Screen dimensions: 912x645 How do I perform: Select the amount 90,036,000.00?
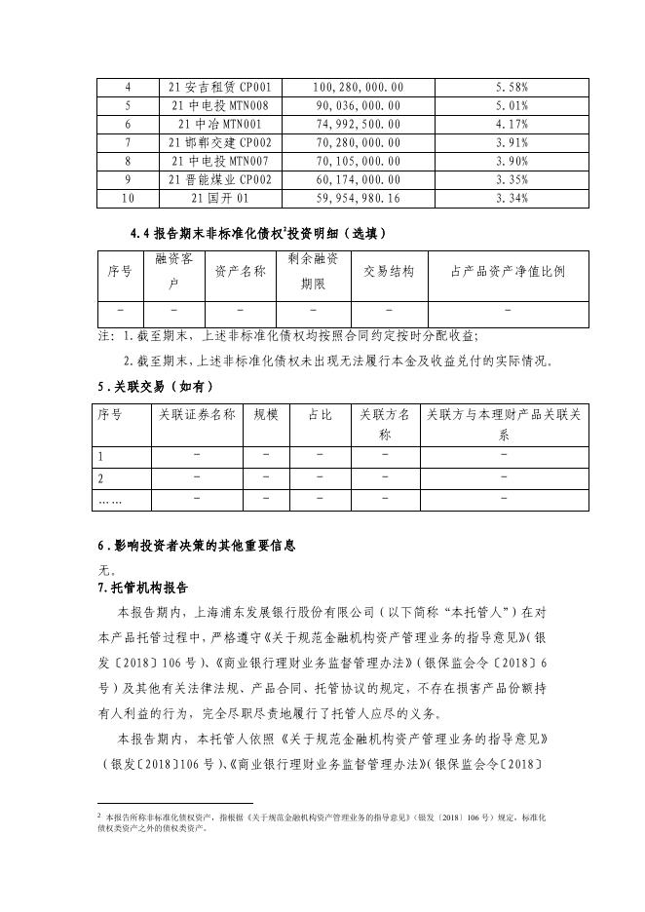[x=358, y=105]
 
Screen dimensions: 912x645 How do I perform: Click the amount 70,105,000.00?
[x=358, y=161]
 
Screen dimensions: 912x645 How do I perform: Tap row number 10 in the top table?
[x=128, y=198]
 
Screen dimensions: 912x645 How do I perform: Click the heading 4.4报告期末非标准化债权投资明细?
[x=258, y=234]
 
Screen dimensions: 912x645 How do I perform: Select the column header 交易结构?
[x=389, y=272]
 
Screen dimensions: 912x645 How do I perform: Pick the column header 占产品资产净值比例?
[x=509, y=272]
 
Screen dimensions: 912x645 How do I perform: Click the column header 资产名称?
[x=240, y=272]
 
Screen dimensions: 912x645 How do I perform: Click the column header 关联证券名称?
[x=197, y=415]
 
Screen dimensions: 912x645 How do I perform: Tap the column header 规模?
[x=265, y=415]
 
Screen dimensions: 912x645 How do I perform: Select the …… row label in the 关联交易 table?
[x=110, y=500]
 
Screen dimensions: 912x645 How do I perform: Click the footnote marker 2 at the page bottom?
[x=99, y=813]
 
